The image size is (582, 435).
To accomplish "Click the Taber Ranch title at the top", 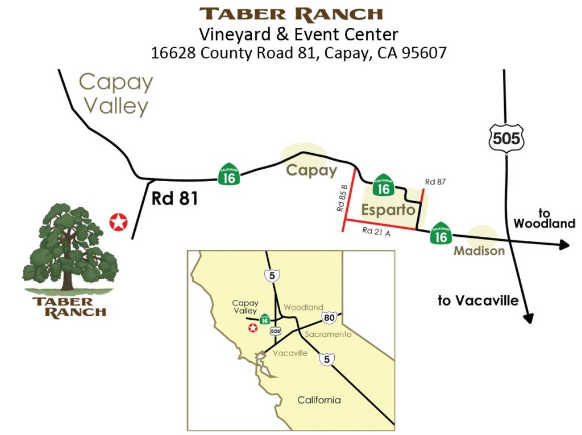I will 291,13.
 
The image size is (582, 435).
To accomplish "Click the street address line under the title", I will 291,53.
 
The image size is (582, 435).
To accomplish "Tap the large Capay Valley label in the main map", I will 116,94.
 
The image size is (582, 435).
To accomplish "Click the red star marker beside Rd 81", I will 118,223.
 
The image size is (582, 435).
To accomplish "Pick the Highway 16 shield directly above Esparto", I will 384,185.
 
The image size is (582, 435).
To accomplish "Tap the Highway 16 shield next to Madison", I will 441,233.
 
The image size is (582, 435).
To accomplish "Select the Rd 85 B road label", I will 342,199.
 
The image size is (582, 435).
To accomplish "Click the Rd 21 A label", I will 377,231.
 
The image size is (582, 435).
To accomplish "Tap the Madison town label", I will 479,250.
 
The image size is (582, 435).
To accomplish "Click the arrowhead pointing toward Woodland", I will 564,245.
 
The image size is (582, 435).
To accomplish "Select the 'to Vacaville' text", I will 477,300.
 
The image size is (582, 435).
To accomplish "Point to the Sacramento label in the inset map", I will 328,334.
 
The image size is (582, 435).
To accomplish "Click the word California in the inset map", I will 319,400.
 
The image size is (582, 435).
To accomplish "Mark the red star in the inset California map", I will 253,328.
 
